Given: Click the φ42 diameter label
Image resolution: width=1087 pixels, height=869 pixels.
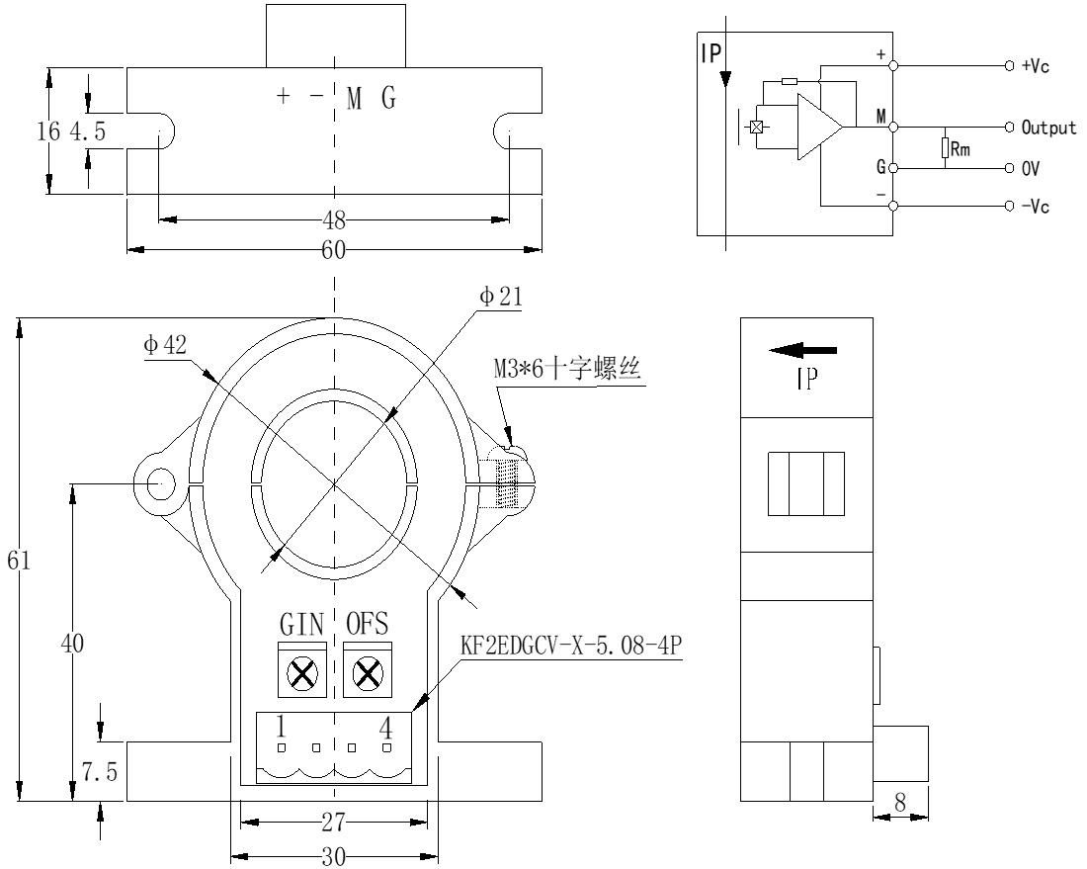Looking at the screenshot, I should point(164,345).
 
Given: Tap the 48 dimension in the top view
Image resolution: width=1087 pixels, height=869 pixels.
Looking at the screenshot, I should point(334,219).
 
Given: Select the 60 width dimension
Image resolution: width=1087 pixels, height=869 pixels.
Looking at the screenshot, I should point(334,250).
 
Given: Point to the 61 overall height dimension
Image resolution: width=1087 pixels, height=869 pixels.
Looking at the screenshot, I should point(19,561).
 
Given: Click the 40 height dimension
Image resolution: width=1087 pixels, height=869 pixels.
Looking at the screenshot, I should point(72,644).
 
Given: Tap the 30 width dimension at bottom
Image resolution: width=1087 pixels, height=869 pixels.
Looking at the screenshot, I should point(334,856).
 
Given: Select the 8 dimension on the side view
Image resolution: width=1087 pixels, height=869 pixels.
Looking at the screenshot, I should point(900,803).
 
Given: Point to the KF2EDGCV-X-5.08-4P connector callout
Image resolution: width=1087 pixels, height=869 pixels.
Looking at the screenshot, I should point(572,647).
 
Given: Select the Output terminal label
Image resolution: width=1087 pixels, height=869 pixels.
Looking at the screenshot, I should point(1048,128).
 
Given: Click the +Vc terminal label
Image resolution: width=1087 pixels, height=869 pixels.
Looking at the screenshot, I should point(1036,66).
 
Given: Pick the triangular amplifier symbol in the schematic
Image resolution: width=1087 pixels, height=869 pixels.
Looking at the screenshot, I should point(818,128).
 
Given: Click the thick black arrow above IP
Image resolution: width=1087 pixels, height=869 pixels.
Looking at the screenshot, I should point(804,349).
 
